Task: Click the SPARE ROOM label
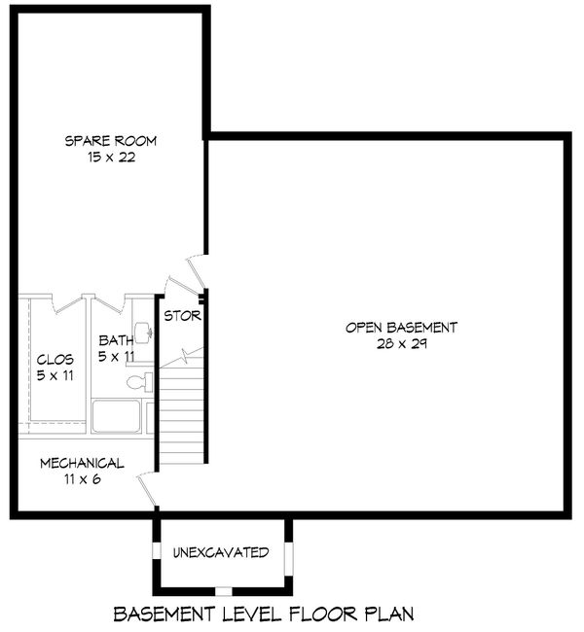coord(110,141)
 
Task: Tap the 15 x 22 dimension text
coord(110,157)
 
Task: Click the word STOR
coord(182,316)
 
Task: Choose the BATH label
coord(116,340)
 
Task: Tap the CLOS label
coord(55,359)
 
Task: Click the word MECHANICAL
coord(82,463)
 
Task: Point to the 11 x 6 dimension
coord(82,478)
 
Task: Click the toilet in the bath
coord(140,381)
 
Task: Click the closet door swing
coord(55,303)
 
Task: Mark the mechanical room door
coord(149,489)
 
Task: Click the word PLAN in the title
coord(387,614)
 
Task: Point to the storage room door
coord(181,285)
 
